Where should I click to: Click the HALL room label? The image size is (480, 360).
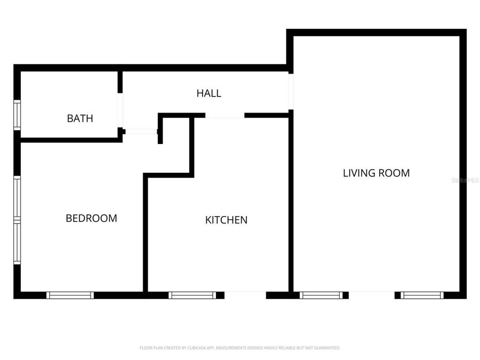click(209, 93)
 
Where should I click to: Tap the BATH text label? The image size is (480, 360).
click(80, 118)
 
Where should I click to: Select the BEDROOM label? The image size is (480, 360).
click(91, 218)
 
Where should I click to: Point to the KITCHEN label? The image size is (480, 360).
click(226, 220)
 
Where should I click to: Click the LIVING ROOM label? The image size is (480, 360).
click(376, 173)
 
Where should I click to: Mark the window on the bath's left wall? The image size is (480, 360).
click(17, 115)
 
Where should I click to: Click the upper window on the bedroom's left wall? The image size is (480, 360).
click(17, 197)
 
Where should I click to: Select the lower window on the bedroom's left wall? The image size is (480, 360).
click(17, 243)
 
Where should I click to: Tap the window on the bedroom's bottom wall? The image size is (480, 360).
click(70, 295)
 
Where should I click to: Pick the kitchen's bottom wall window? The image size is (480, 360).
click(193, 295)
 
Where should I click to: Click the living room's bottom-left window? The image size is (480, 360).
click(321, 295)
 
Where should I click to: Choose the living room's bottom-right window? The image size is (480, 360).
click(422, 295)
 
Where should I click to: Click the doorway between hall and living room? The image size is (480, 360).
click(291, 91)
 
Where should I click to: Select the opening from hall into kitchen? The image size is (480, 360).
click(225, 115)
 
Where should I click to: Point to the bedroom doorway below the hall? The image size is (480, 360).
click(141, 131)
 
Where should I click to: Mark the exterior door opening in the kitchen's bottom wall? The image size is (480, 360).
click(245, 295)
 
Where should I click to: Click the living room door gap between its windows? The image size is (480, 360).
click(371, 295)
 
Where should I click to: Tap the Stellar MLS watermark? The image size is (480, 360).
click(465, 181)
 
